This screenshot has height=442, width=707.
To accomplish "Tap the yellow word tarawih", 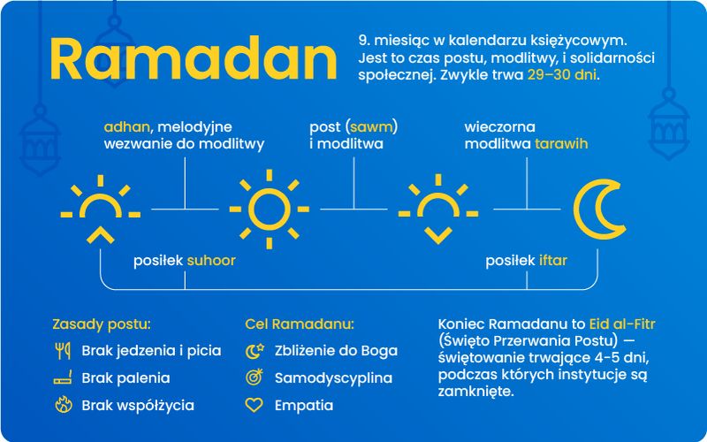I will point(561,143).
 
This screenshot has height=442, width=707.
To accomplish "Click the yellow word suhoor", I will point(210,261).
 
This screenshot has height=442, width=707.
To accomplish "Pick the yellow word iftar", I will point(553,261).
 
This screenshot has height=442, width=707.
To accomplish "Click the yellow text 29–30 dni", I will point(562,75).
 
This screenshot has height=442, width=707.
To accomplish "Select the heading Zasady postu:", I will point(102,324).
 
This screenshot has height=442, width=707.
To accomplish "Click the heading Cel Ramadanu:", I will point(299,324).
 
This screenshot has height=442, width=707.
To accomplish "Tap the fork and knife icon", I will point(62,351).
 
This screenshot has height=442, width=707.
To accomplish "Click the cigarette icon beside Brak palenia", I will point(62,378).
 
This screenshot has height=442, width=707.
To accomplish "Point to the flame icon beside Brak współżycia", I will point(62,406).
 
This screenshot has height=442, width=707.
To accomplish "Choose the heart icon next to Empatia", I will point(255,406).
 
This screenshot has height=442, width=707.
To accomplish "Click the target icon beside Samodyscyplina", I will point(255,378).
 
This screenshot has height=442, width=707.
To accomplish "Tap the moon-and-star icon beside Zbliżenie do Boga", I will point(255,351).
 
